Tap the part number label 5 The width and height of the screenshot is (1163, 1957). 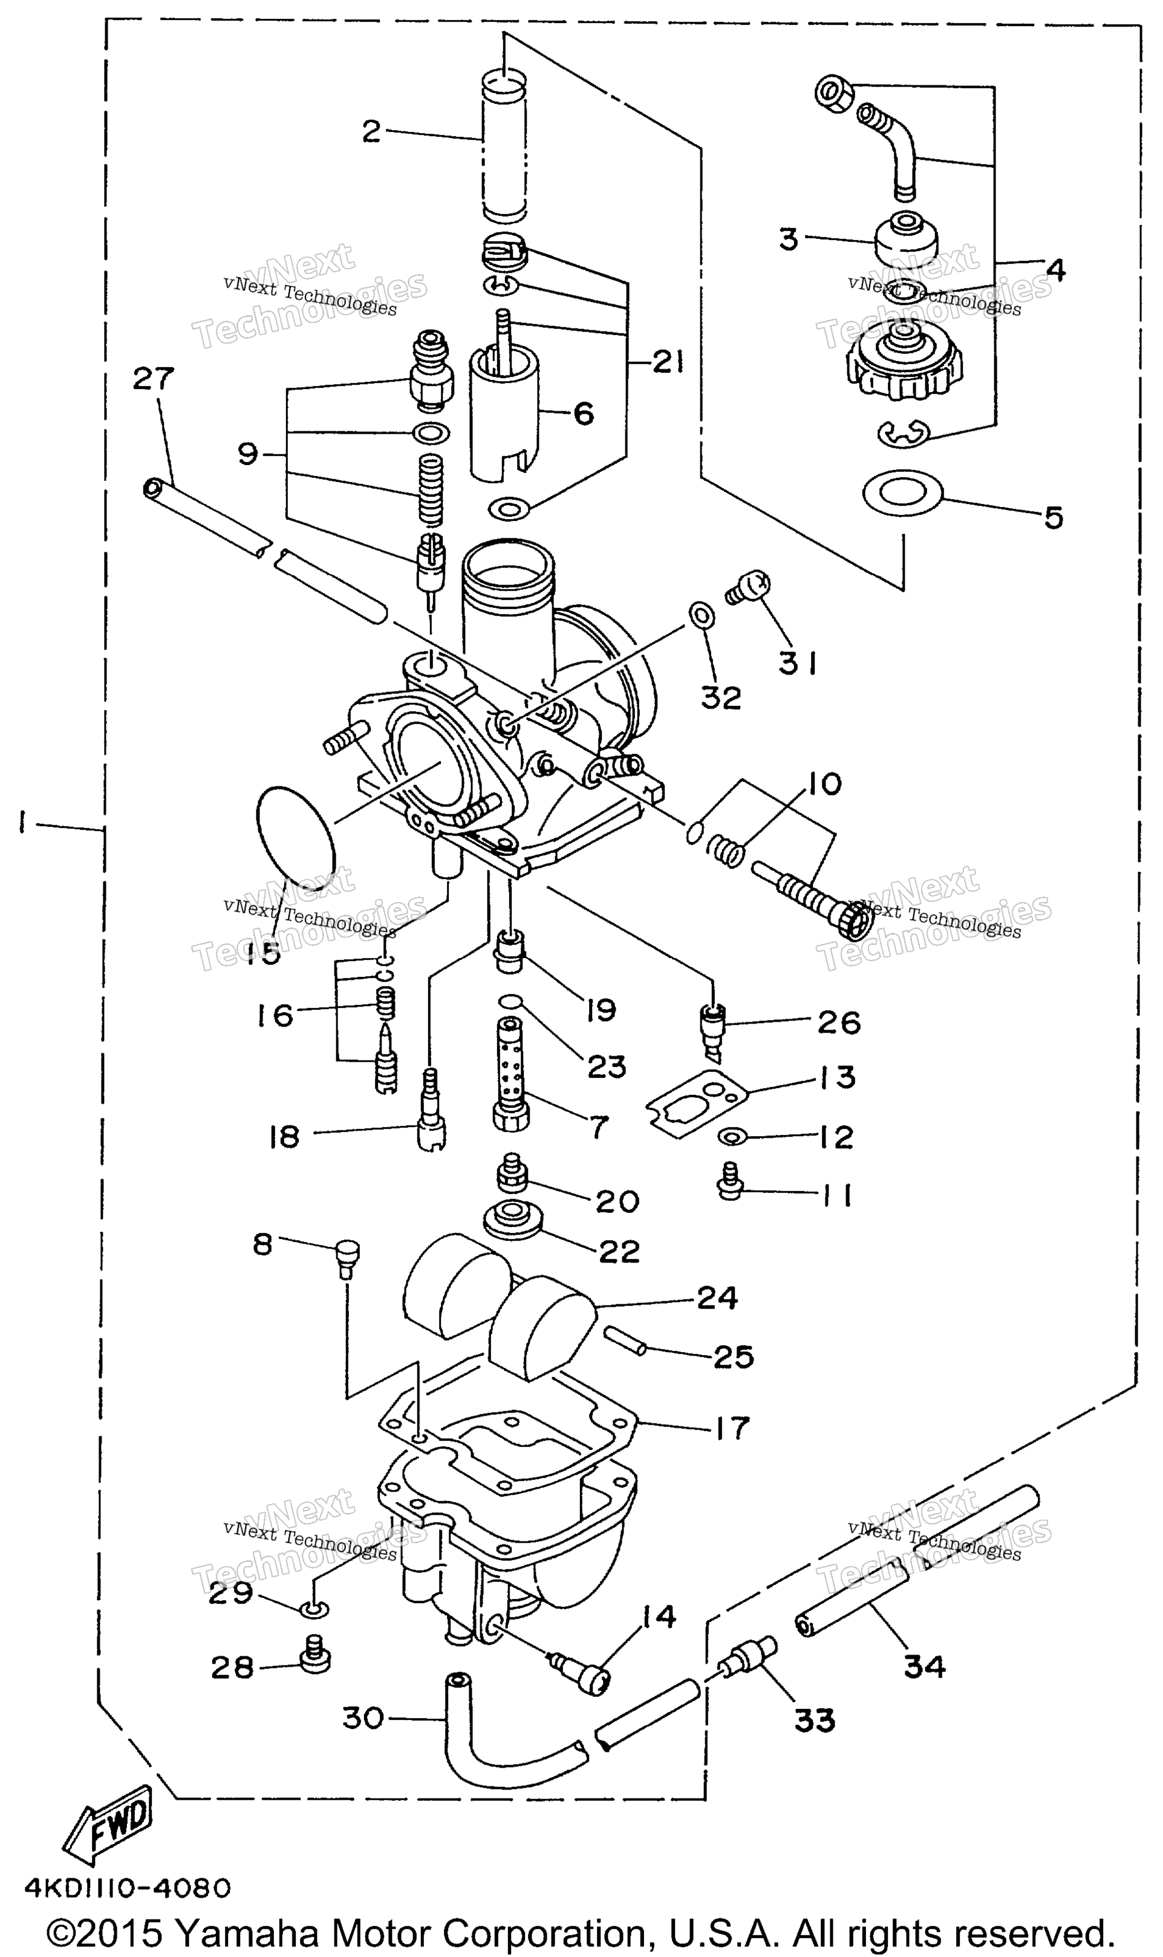coord(1054,517)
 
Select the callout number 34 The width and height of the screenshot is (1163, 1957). coord(925,1666)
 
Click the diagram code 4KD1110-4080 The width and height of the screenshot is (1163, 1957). coord(128,1887)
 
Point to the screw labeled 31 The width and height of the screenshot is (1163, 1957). coord(746,587)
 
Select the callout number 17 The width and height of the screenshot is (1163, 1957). coord(731,1428)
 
